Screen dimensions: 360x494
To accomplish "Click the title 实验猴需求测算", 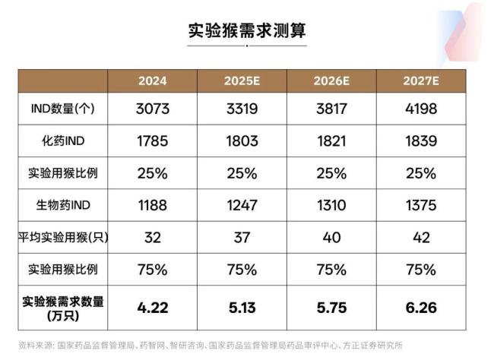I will (x=246, y=31).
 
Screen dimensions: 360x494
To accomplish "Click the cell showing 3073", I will (x=152, y=109).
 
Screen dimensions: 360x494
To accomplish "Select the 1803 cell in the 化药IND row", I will (x=243, y=141).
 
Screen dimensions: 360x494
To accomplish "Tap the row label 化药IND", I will (x=62, y=141).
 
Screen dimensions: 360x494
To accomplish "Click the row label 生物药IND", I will (x=62, y=205).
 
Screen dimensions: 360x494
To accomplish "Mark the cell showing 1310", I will (x=333, y=205).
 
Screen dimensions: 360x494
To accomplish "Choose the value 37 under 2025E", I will (x=243, y=237).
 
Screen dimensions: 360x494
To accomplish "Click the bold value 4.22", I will (x=152, y=308).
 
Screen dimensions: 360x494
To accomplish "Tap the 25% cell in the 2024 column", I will (x=152, y=173).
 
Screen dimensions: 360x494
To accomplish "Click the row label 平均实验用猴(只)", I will (x=62, y=237).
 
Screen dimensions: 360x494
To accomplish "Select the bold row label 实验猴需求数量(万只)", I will (x=62, y=308).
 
